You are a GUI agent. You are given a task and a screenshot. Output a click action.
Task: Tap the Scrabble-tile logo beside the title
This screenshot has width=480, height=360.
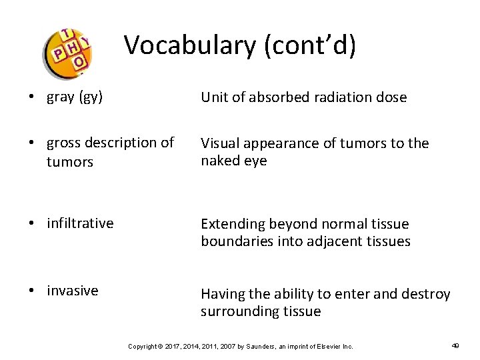tap(67, 52)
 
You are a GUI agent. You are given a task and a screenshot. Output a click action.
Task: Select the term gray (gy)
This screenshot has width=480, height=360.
tap(75, 97)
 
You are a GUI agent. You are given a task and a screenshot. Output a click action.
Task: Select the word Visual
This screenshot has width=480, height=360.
tap(221, 143)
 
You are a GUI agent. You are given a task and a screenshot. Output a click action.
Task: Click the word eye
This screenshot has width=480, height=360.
tap(256, 161)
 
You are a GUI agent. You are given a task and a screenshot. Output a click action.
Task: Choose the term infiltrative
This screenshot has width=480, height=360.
tap(80, 223)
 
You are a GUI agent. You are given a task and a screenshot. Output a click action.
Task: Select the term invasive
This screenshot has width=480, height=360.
tap(72, 291)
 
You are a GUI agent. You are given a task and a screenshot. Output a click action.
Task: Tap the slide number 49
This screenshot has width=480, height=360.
tap(455, 345)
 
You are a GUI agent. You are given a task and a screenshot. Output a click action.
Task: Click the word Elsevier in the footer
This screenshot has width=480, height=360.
tap(325, 346)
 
